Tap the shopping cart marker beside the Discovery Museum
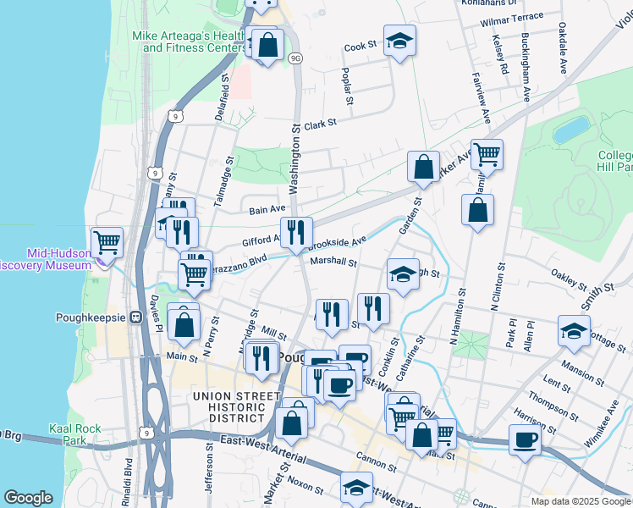(x=107, y=242)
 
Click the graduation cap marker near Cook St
(x=399, y=40)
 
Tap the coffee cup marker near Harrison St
(x=525, y=439)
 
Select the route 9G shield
(x=294, y=58)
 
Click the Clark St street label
(x=320, y=123)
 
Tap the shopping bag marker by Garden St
(x=422, y=166)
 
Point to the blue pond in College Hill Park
(x=571, y=130)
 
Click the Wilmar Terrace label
(x=511, y=17)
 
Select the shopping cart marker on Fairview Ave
(x=487, y=154)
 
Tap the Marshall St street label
(x=333, y=262)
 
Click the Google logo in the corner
(x=28, y=498)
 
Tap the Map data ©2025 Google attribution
(x=580, y=501)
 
